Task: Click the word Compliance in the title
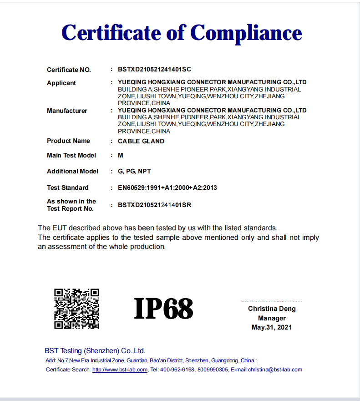pyautogui.click(x=246, y=33)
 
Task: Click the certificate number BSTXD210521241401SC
pyautogui.click(x=154, y=70)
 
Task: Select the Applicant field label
pyautogui.click(x=61, y=83)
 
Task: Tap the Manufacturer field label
pyautogui.click(x=67, y=111)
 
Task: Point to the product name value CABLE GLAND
pyautogui.click(x=141, y=141)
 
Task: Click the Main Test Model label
pyautogui.click(x=71, y=155)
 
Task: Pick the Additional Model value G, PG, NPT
pyautogui.click(x=134, y=171)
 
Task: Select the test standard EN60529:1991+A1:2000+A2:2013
pyautogui.click(x=167, y=188)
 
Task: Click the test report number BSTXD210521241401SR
pyautogui.click(x=154, y=205)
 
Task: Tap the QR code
pyautogui.click(x=77, y=309)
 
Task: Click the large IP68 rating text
pyautogui.click(x=163, y=309)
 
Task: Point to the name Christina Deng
pyautogui.click(x=272, y=309)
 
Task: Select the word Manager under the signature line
pyautogui.click(x=272, y=318)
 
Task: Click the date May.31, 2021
pyautogui.click(x=272, y=327)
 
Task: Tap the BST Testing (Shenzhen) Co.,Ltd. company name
pyautogui.click(x=95, y=350)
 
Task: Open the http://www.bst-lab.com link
pyautogui.click(x=120, y=370)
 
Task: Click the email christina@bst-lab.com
pyautogui.click(x=275, y=370)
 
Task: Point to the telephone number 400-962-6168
pyautogui.click(x=177, y=370)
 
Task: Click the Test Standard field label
pyautogui.click(x=68, y=188)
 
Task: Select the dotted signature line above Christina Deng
pyautogui.click(x=272, y=301)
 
